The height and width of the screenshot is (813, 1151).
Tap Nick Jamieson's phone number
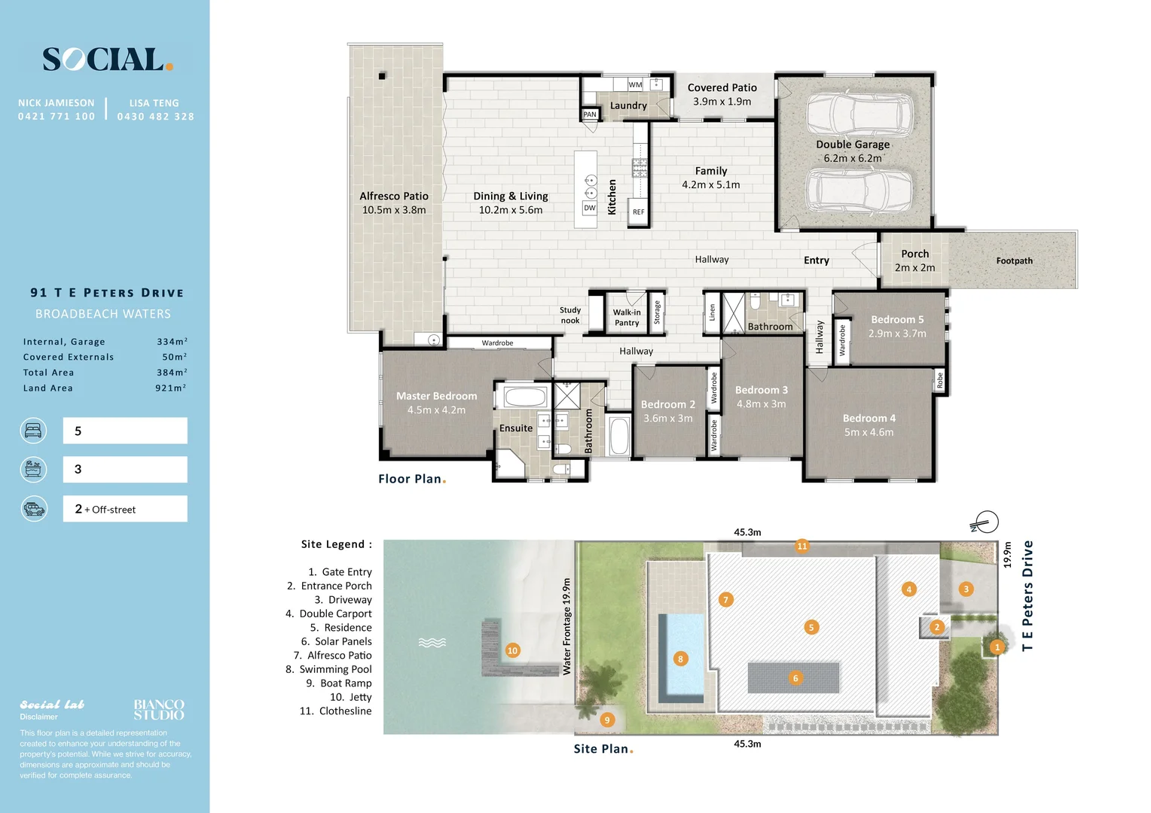56,117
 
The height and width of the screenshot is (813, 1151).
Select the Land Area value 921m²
171,388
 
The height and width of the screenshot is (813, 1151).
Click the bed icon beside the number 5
33,431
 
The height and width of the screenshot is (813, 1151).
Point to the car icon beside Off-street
34,509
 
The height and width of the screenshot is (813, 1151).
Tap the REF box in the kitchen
638,212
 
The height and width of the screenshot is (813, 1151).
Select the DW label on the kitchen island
589,208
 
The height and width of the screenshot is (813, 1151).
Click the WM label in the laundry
635,85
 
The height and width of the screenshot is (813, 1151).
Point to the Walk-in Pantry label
627,318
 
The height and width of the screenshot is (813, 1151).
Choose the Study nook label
569,315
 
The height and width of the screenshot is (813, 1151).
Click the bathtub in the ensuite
524,397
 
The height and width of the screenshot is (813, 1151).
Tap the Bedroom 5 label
897,319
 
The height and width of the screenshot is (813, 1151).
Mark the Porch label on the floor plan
914,254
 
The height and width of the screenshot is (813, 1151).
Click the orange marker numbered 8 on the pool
680,659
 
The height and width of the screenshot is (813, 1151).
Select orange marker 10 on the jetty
512,650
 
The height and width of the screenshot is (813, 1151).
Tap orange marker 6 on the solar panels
795,678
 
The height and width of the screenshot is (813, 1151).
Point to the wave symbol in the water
432,642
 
